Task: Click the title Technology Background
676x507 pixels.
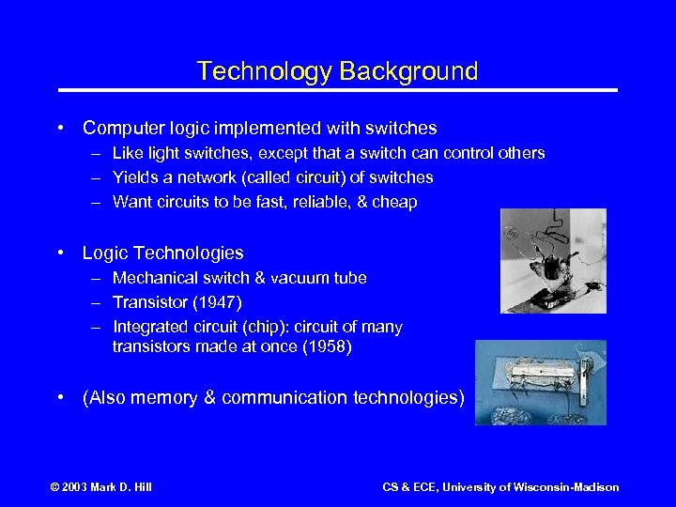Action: click(338, 71)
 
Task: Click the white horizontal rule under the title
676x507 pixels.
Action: click(338, 90)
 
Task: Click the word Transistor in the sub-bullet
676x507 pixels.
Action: click(148, 302)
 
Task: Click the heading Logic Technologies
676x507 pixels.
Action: click(162, 253)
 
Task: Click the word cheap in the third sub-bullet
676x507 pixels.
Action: click(394, 202)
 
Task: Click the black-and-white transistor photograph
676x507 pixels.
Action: click(553, 260)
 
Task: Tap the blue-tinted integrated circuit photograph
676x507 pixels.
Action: click(541, 382)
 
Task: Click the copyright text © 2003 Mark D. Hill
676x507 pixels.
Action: click(101, 486)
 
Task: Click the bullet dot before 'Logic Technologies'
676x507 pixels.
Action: click(61, 253)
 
